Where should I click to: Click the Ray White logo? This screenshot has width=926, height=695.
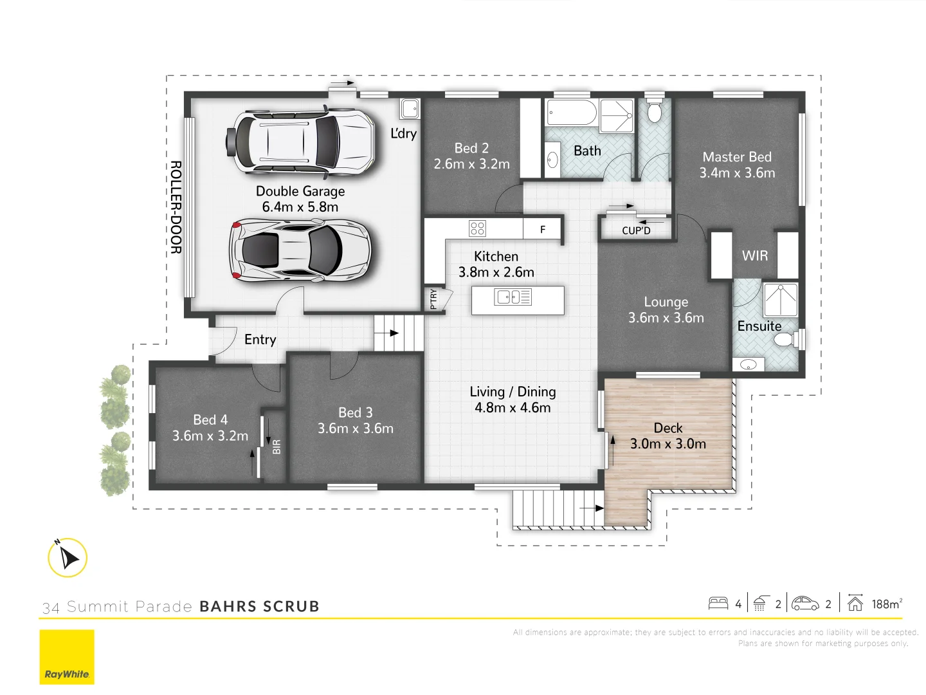(67, 657)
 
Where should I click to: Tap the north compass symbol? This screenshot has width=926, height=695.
(68, 557)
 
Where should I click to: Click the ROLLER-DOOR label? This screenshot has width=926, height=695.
(176, 207)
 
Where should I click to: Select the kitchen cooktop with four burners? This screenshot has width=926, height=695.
(477, 228)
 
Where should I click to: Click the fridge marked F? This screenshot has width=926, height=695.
(543, 229)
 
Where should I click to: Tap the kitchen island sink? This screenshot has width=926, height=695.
(513, 297)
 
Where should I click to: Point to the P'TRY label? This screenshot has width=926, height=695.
(433, 299)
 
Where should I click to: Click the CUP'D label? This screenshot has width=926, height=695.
(636, 230)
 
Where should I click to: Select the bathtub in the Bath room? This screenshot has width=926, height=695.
(572, 113)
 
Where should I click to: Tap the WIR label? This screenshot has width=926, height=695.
(755, 255)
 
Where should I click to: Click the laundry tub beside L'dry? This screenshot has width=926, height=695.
(410, 109)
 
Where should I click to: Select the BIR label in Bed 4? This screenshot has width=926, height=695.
(277, 447)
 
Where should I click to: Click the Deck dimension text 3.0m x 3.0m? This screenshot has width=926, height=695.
(668, 444)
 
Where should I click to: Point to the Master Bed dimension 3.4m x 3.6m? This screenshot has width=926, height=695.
(737, 173)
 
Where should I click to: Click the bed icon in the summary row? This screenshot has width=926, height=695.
(718, 604)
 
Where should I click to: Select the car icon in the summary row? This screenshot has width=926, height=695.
(804, 604)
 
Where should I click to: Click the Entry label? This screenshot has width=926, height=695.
(260, 339)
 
